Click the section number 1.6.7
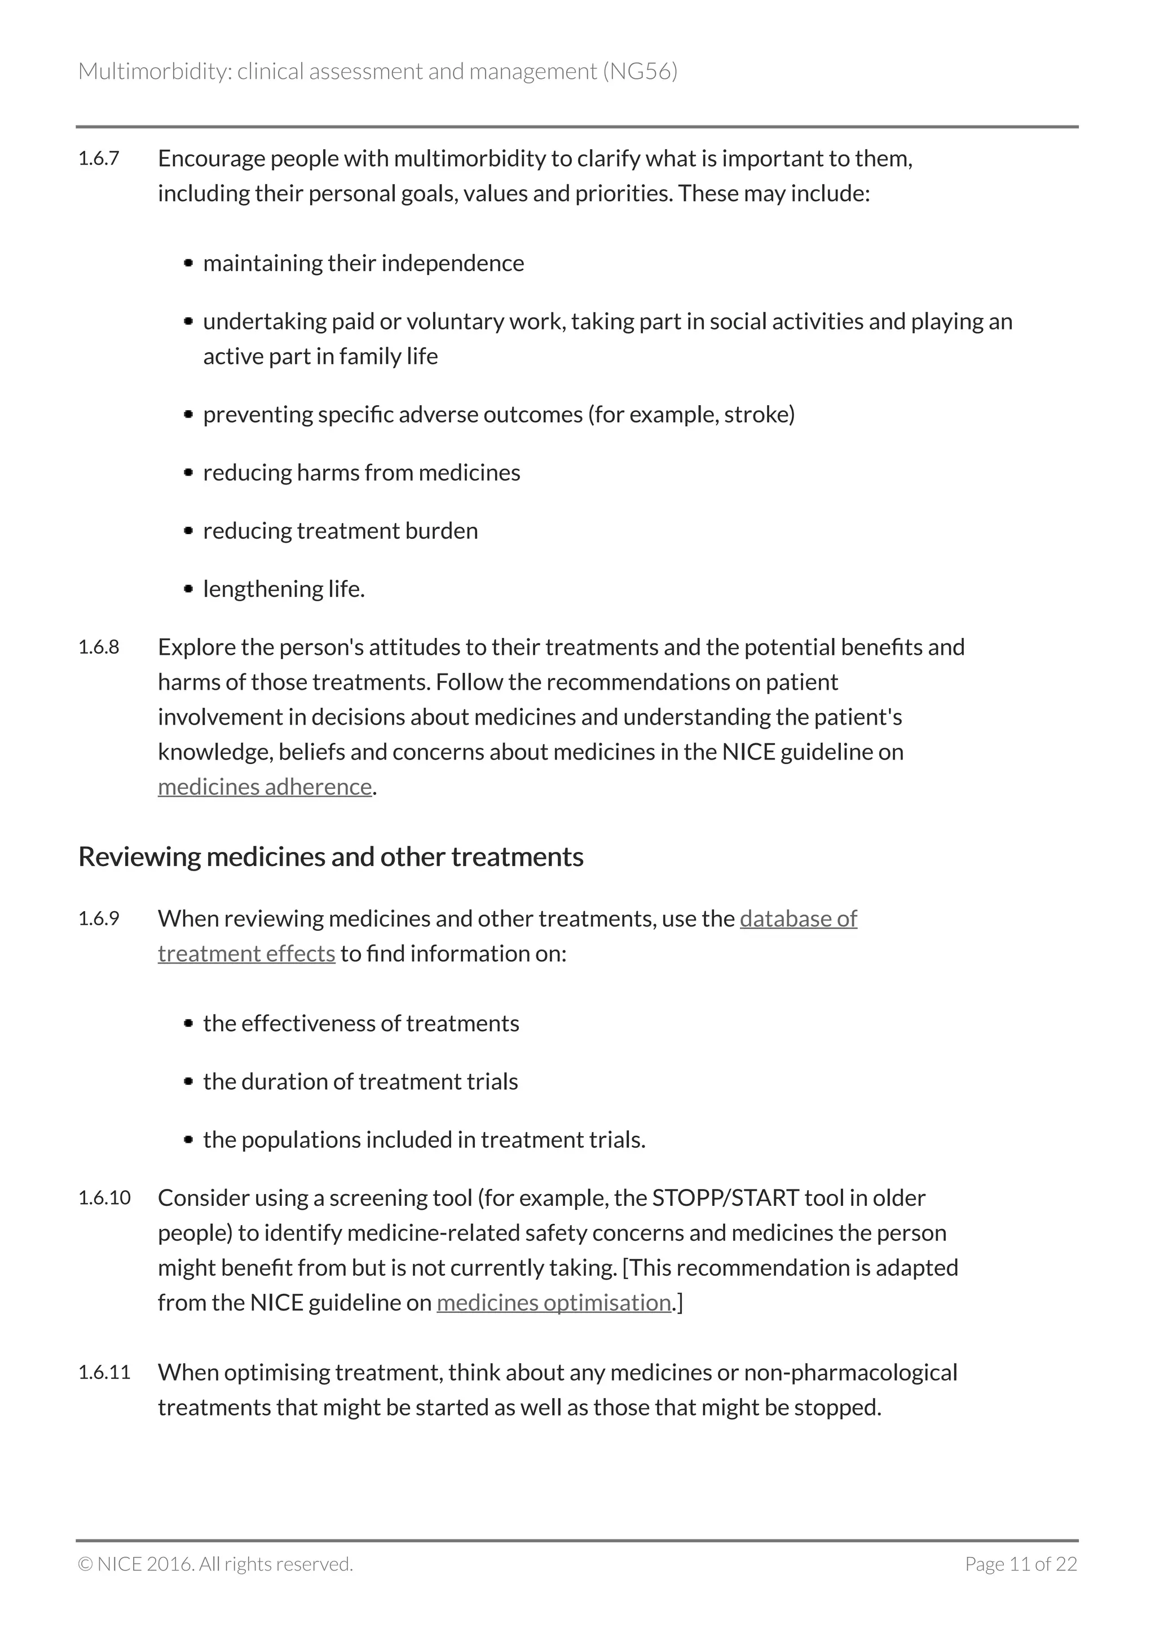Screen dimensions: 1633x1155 [x=98, y=158]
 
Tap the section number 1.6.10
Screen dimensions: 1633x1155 [x=104, y=1198]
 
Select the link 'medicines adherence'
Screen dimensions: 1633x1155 [x=264, y=787]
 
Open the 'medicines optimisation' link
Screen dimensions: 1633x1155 [x=554, y=1302]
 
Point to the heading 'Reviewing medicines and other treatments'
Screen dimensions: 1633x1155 [x=330, y=857]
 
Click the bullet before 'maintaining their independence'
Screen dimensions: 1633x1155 [x=188, y=263]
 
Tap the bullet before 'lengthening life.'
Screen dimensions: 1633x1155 [x=188, y=589]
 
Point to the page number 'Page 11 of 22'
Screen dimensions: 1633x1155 [x=1021, y=1564]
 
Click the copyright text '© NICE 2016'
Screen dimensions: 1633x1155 [x=135, y=1564]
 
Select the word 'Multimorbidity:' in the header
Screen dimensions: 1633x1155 [x=155, y=71]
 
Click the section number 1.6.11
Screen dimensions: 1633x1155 [x=104, y=1372]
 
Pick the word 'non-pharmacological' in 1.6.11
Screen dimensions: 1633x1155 [x=850, y=1372]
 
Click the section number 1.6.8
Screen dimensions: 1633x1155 [x=98, y=647]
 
